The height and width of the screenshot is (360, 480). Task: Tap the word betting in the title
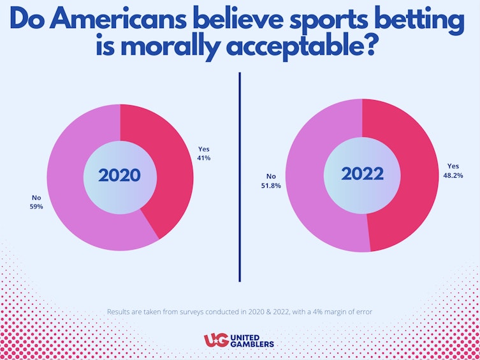click(x=417, y=21)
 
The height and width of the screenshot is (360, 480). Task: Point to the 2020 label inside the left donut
click(x=120, y=175)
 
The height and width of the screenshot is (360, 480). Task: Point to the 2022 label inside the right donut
click(x=362, y=174)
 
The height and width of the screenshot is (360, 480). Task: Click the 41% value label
click(x=204, y=158)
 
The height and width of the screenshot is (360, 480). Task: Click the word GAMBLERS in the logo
click(x=253, y=345)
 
